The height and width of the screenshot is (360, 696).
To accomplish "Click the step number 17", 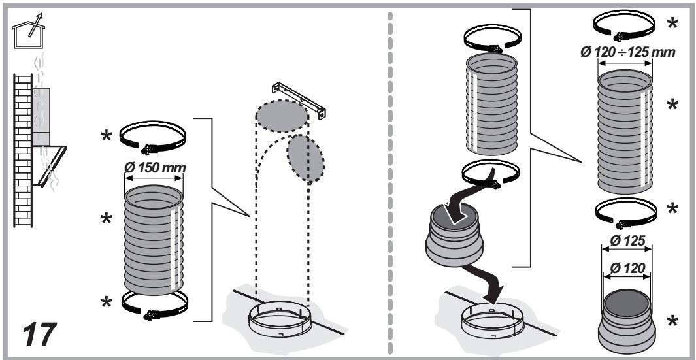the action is pyautogui.click(x=40, y=335).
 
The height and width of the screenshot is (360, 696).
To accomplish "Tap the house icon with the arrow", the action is pyautogui.click(x=28, y=31).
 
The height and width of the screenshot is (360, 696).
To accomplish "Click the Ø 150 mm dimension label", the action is pyautogui.click(x=155, y=168).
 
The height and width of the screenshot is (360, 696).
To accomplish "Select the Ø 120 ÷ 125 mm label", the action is pyautogui.click(x=627, y=52).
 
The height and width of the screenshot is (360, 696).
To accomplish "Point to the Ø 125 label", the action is pyautogui.click(x=626, y=241).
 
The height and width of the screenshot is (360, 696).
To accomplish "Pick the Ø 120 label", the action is pyautogui.click(x=627, y=268).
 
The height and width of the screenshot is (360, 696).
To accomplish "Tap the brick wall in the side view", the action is pyautogui.click(x=23, y=150).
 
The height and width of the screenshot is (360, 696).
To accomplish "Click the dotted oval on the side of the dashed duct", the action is pyautogui.click(x=305, y=159).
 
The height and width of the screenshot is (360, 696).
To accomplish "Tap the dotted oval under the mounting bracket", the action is pyautogui.click(x=282, y=116).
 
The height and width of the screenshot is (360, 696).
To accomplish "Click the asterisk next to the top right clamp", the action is pyautogui.click(x=672, y=24).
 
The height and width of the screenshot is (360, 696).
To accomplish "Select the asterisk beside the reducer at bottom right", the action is pyautogui.click(x=672, y=321).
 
